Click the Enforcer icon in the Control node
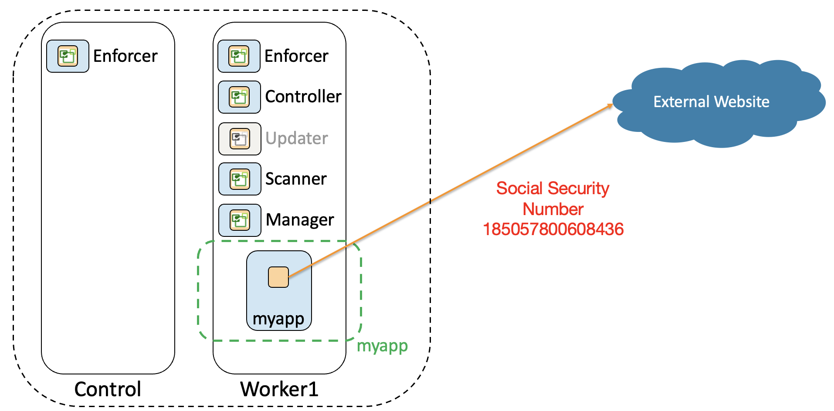tap(68, 56)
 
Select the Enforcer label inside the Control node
tap(125, 56)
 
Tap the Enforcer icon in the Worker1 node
tap(239, 56)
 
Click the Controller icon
tap(239, 97)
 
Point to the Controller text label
tap(303, 97)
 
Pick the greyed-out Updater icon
tap(240, 139)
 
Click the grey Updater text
tap(296, 138)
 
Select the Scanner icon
tap(240, 179)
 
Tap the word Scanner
tap(296, 179)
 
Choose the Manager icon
tap(240, 220)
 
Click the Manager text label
tap(300, 220)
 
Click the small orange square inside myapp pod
tap(278, 277)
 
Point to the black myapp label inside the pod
tap(278, 319)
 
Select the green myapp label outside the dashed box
tap(382, 346)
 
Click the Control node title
tap(108, 389)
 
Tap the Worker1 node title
tap(279, 389)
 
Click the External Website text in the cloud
tap(711, 102)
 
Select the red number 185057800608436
tap(553, 229)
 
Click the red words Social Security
tap(553, 189)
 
